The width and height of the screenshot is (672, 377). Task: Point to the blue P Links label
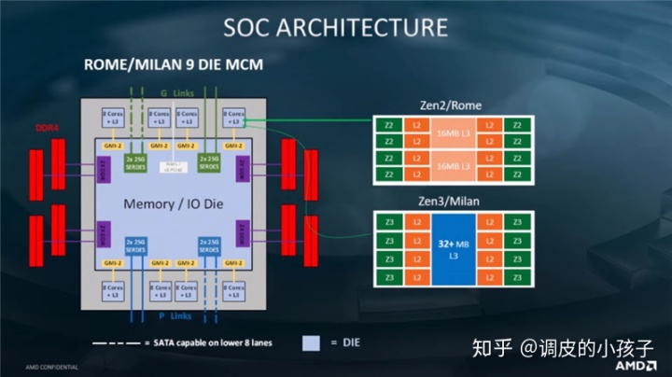point(169,314)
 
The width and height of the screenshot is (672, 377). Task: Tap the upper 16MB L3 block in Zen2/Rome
point(453,133)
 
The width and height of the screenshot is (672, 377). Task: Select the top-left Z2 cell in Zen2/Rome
point(389,124)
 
